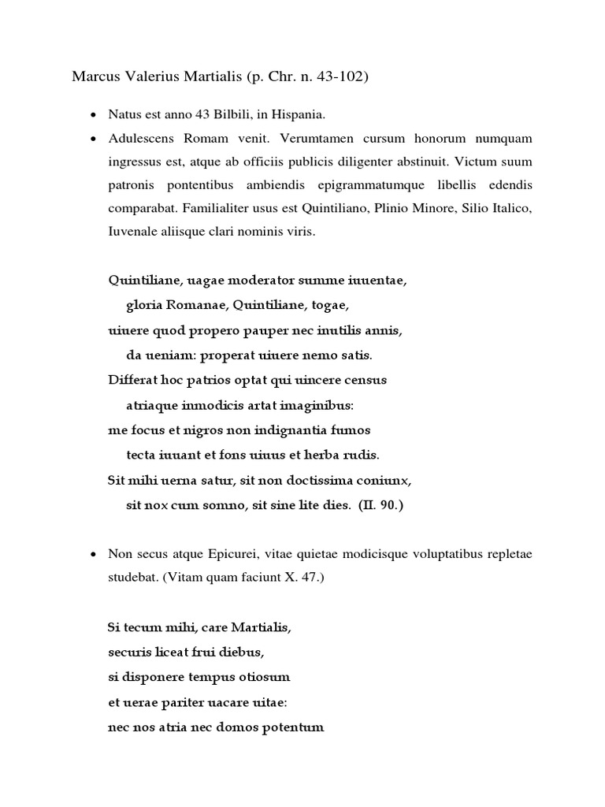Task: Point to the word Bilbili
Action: click(x=221, y=115)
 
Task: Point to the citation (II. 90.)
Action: click(x=380, y=505)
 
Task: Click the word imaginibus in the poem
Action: click(x=315, y=405)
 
